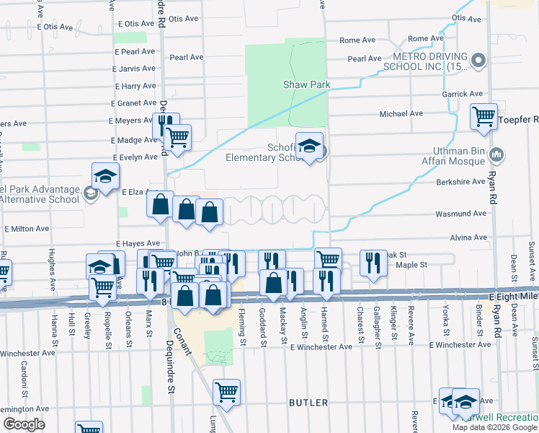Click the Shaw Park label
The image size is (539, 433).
(306, 84)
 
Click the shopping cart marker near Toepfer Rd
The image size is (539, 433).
(484, 115)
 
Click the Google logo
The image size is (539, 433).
(24, 424)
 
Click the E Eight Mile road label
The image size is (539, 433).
(513, 297)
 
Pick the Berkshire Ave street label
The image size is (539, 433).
(460, 183)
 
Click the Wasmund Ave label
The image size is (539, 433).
(460, 214)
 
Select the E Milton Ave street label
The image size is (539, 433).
(27, 228)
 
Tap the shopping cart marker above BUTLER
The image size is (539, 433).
(227, 392)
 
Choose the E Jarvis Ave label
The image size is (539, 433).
(135, 70)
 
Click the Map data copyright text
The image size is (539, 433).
(494, 427)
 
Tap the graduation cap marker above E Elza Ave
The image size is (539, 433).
(105, 176)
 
